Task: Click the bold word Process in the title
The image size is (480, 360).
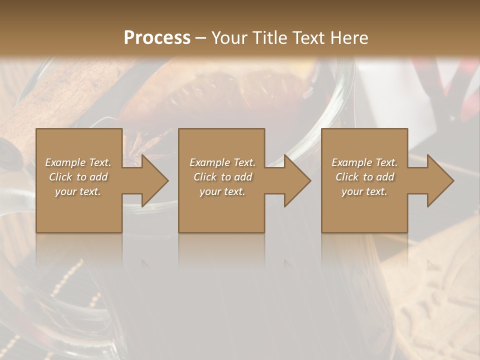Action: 157,37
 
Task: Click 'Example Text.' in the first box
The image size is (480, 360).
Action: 78,162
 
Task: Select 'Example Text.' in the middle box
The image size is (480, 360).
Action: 222,162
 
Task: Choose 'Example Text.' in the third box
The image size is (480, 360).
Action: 364,162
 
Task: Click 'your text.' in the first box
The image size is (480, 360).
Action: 78,191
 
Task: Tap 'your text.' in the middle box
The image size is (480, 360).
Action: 222,191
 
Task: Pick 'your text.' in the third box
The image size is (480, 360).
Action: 364,191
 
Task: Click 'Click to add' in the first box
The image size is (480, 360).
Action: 78,177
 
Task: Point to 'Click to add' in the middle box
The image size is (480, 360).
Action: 222,177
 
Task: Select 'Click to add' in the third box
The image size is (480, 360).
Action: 364,177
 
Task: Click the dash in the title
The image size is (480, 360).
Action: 200,38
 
